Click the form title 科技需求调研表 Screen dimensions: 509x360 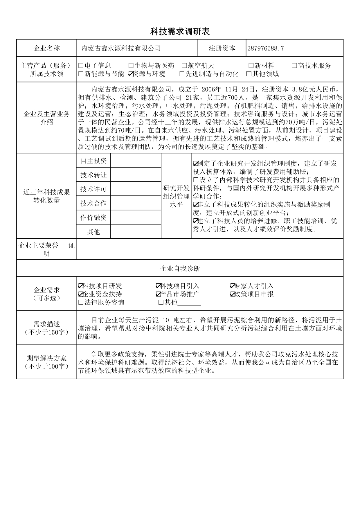[x=180, y=32]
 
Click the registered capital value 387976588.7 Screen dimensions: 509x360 [x=265, y=48]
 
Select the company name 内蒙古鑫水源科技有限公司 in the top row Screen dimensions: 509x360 [x=121, y=48]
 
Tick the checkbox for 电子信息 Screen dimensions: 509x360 [x=81, y=66]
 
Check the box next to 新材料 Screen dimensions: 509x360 [x=251, y=66]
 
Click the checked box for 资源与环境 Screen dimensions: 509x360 [x=131, y=74]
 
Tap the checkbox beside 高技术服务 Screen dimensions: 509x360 [x=294, y=66]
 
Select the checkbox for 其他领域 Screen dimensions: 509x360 [x=249, y=74]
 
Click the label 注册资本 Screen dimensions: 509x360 [x=222, y=48]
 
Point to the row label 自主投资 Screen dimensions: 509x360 [x=93, y=161]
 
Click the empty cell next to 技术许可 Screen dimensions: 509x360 [x=136, y=189]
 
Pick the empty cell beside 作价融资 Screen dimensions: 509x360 [x=136, y=217]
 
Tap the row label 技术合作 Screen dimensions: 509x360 [x=93, y=203]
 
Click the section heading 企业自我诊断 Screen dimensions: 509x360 [x=180, y=269]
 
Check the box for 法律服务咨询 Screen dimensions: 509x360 [x=81, y=303]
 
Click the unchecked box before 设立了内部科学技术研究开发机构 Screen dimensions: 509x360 [x=196, y=180]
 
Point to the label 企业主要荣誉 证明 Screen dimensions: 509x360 [x=46, y=249]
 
